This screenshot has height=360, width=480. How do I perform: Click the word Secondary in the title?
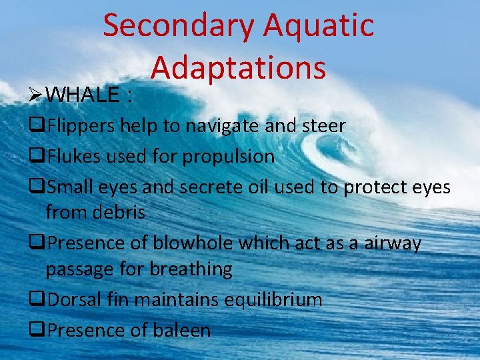pyautogui.click(x=178, y=25)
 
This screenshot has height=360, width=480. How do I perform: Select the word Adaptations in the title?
pyautogui.click(x=239, y=67)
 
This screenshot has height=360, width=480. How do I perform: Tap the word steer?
pyautogui.click(x=323, y=125)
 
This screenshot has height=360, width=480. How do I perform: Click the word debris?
pyautogui.click(x=120, y=213)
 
